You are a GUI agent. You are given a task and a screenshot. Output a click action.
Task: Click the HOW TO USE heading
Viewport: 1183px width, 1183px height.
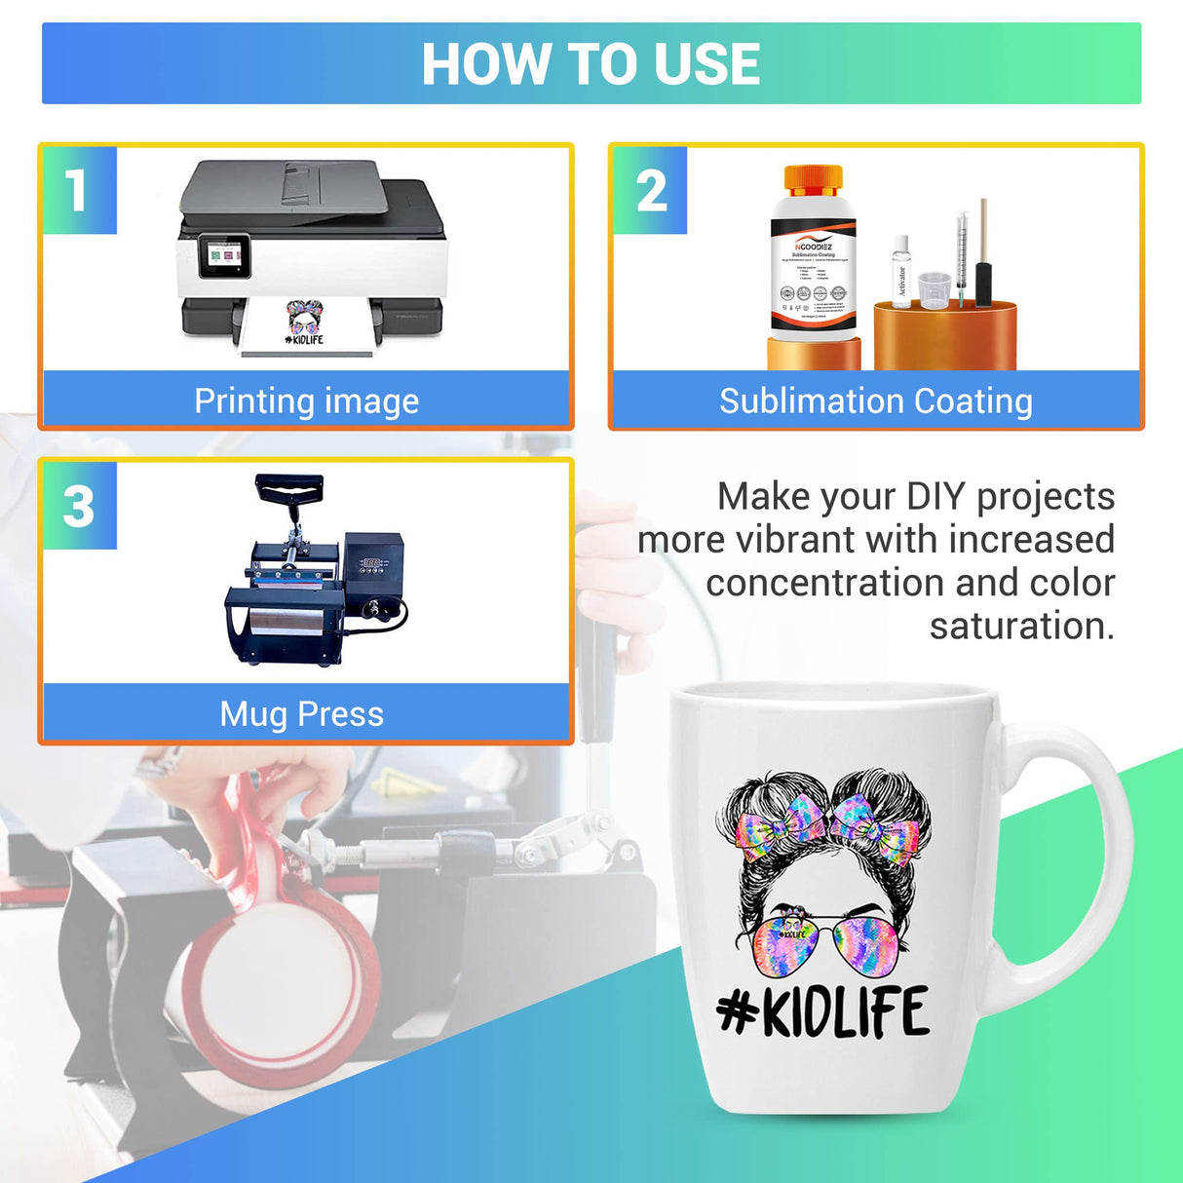pyautogui.click(x=591, y=64)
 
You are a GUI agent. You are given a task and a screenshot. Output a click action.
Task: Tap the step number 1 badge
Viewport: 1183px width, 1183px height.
pyautogui.click(x=78, y=190)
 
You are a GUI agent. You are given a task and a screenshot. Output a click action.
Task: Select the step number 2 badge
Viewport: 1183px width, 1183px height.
pyautogui.click(x=650, y=190)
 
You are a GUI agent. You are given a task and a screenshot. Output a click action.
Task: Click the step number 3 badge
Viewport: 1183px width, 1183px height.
pyautogui.click(x=79, y=506)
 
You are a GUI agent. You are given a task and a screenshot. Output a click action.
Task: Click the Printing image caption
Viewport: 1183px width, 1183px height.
pyautogui.click(x=306, y=401)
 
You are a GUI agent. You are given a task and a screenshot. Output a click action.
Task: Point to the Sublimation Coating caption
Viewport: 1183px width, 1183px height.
pyautogui.click(x=875, y=401)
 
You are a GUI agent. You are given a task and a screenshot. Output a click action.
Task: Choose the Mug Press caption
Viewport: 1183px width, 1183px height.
pyautogui.click(x=302, y=713)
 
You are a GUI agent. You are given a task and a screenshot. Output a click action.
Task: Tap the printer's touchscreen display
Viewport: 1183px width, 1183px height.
pyautogui.click(x=223, y=255)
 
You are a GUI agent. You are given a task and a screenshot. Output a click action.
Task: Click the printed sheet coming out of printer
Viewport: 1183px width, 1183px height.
pyautogui.click(x=305, y=326)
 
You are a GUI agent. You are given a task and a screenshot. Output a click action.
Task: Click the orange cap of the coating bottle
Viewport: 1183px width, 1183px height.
pyautogui.click(x=813, y=179)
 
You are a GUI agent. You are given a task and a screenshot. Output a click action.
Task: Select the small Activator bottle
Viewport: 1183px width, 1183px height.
pyautogui.click(x=901, y=273)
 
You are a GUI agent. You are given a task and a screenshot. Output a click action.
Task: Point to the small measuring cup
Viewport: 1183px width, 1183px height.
pyautogui.click(x=934, y=289)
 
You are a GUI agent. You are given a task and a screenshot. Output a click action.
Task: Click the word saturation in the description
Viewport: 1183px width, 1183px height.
pyautogui.click(x=1021, y=626)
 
